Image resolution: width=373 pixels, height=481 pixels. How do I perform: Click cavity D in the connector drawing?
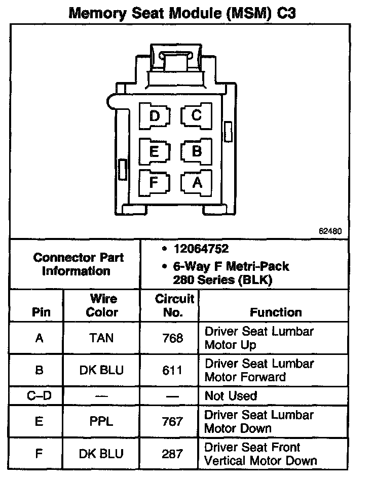tap(155, 116)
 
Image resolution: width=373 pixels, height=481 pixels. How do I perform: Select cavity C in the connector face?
tap(196, 116)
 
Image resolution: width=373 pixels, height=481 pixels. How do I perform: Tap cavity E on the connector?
tap(155, 151)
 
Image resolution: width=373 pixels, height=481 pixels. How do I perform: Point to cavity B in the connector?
tap(197, 151)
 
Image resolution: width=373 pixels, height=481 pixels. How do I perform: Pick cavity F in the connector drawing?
tap(154, 181)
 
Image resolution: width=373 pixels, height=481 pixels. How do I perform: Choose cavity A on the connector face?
tap(197, 182)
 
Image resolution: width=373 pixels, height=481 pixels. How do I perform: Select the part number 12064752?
tap(201, 249)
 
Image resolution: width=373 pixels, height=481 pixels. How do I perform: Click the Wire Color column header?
tap(102, 305)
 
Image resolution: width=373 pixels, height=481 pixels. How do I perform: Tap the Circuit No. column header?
tap(174, 305)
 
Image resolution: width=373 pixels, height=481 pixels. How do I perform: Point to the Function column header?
tap(276, 312)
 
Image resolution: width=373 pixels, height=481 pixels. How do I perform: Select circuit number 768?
tap(173, 338)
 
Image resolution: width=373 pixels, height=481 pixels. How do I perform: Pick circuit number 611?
tap(172, 370)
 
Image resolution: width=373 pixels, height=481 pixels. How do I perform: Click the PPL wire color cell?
tap(101, 421)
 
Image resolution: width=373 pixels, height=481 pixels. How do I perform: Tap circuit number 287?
tap(172, 454)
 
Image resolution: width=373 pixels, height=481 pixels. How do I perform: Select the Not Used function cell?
tap(231, 396)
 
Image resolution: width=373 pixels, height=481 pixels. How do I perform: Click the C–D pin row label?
tap(40, 396)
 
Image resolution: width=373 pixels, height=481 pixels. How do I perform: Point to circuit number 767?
tap(172, 421)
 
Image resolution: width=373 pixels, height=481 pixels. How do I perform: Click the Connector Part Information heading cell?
tap(76, 264)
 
